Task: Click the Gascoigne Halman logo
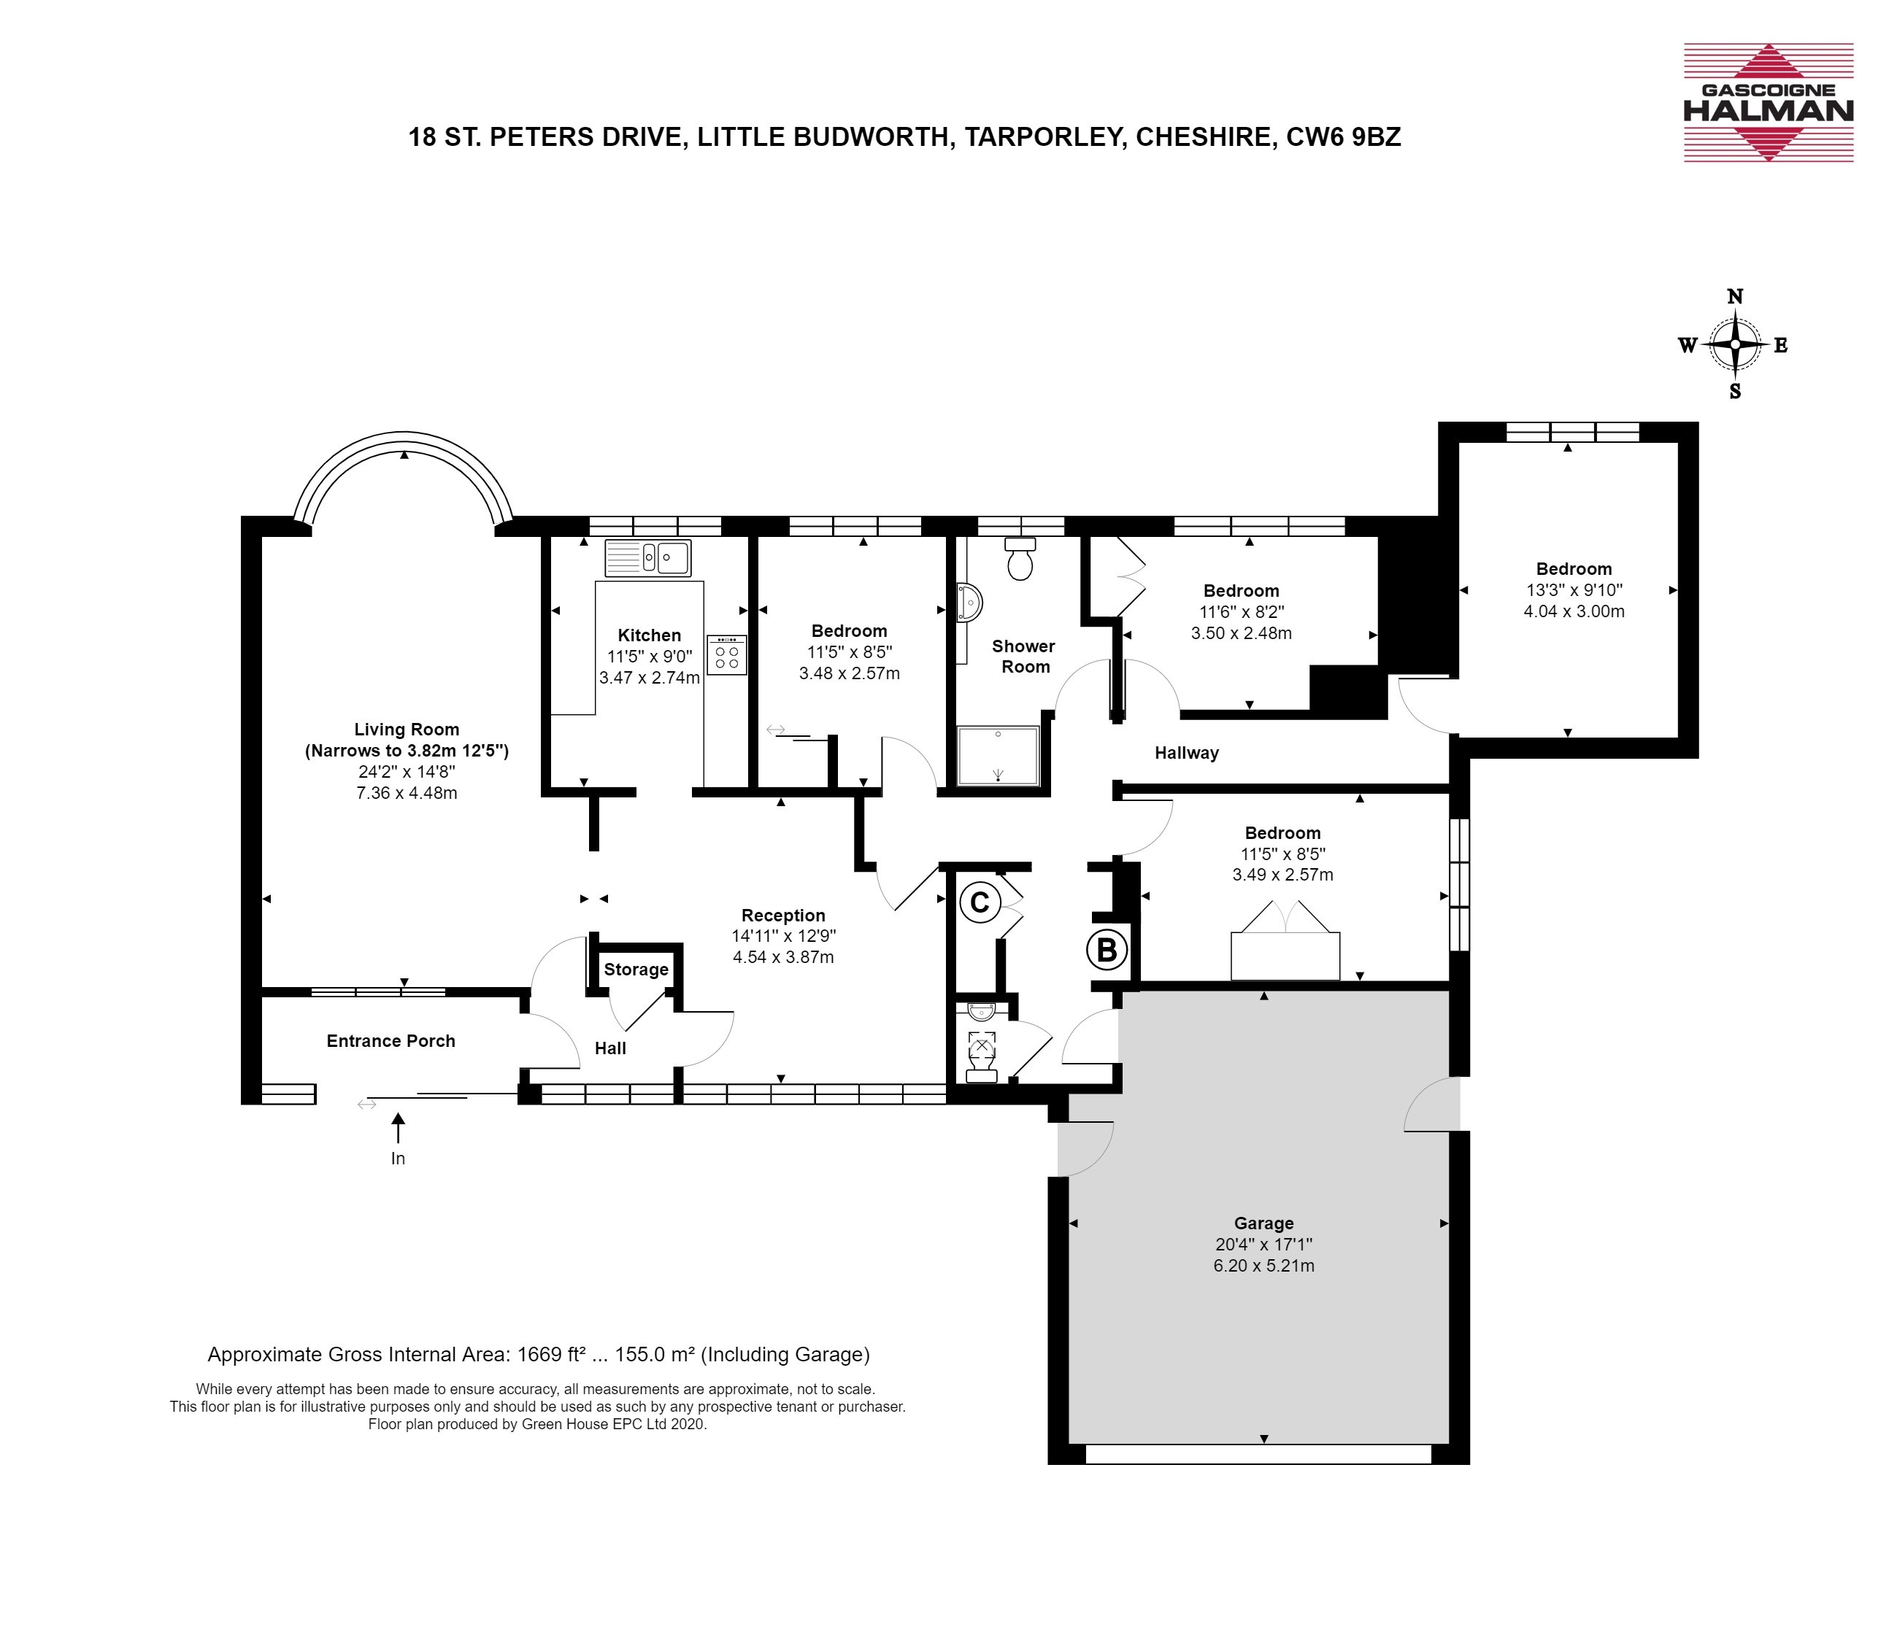click(x=1768, y=102)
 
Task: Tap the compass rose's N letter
click(x=1735, y=296)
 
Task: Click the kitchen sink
click(x=648, y=557)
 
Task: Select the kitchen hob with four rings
click(x=726, y=654)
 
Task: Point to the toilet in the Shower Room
click(x=1019, y=559)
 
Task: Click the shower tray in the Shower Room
click(x=999, y=755)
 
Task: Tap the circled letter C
click(x=980, y=902)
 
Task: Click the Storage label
click(x=636, y=970)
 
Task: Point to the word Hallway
click(x=1186, y=753)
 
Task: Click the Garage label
click(x=1263, y=1223)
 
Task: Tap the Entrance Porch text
click(x=391, y=1040)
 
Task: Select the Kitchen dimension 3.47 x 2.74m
click(x=649, y=677)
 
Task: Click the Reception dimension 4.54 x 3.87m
click(x=783, y=956)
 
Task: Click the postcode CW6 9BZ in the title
click(x=1343, y=136)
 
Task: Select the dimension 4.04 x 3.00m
click(x=1574, y=611)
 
